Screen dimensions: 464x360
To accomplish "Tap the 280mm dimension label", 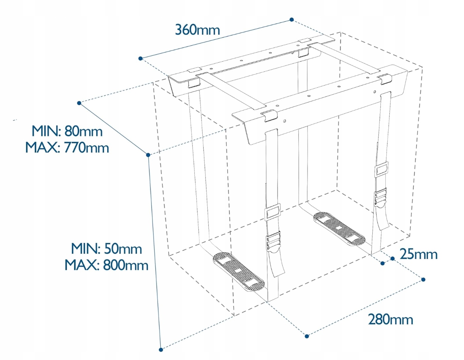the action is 390,319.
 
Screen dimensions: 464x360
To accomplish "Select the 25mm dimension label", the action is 418,254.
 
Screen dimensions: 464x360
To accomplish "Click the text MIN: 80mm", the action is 67,131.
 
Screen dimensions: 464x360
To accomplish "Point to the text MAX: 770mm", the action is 67,147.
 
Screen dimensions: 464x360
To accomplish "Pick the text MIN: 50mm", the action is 106,249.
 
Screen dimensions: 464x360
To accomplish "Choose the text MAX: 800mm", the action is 106,265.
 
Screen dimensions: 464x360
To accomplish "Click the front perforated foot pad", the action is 239,272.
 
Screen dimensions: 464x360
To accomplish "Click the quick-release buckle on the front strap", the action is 273,241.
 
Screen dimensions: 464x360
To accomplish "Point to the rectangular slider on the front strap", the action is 273,213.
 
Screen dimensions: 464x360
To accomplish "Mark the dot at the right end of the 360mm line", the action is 292,20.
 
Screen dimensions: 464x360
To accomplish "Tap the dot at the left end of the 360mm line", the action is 140,59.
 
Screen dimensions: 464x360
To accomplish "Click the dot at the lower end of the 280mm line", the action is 307,336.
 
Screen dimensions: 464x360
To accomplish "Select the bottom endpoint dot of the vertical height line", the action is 161,349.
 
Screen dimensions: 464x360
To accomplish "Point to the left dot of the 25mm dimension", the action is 383,263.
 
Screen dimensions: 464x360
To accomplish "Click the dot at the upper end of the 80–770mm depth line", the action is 79,103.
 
